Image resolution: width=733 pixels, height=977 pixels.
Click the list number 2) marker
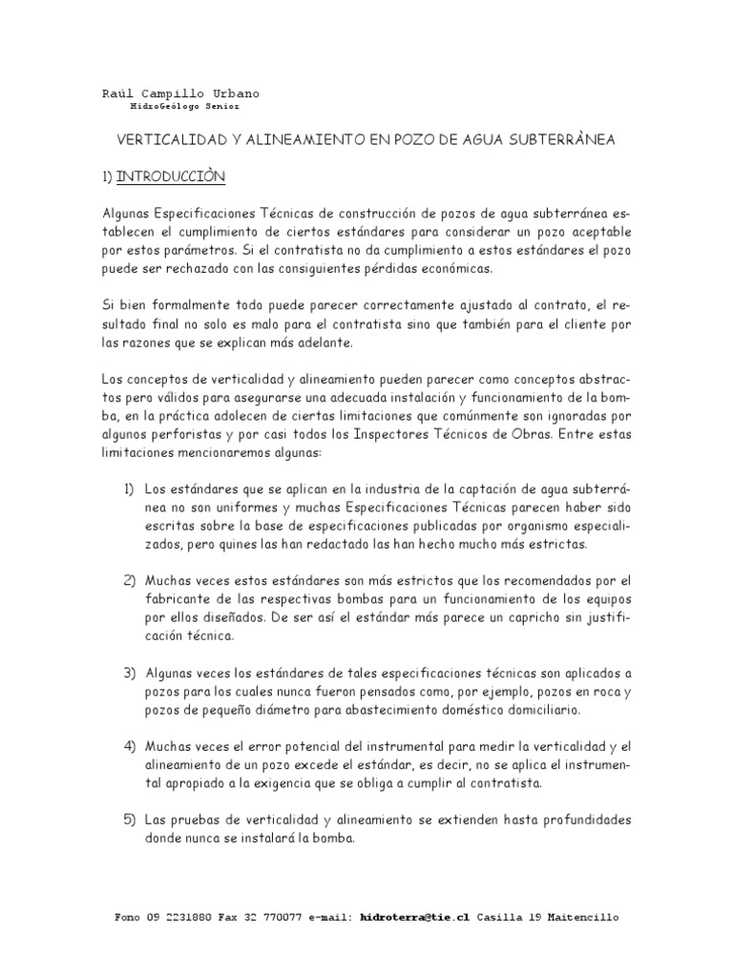click(x=131, y=580)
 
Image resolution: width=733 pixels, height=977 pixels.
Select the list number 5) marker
click(x=131, y=821)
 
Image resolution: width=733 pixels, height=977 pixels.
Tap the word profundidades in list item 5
click(x=582, y=821)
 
